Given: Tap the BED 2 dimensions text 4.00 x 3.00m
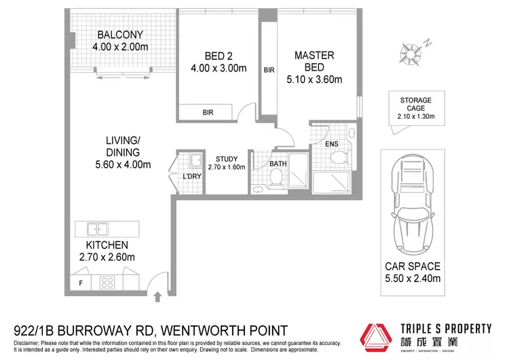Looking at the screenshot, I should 219,68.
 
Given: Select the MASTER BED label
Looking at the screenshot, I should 308,62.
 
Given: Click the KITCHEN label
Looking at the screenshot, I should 107,245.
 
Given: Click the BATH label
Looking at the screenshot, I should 278,164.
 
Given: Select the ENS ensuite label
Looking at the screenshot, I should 332,145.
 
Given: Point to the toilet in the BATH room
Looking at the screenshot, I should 276,178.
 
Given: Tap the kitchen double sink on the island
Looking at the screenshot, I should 98,229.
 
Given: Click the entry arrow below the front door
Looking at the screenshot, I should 158,297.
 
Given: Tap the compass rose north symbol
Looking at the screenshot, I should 411,52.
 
